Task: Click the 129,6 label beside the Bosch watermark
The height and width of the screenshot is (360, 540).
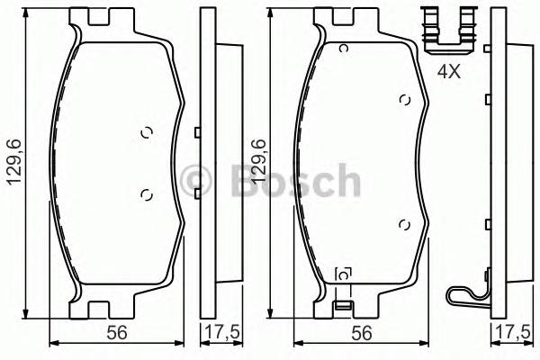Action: (259, 161)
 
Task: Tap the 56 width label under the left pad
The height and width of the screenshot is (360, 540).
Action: (117, 333)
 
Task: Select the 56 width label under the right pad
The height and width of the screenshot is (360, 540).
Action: (362, 333)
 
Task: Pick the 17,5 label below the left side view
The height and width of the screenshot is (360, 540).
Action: (222, 333)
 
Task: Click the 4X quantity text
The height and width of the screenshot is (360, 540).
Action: (449, 72)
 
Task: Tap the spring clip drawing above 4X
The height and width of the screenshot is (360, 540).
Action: (448, 31)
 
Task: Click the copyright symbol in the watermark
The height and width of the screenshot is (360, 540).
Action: (195, 181)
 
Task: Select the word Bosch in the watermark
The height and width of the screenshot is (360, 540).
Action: (295, 181)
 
